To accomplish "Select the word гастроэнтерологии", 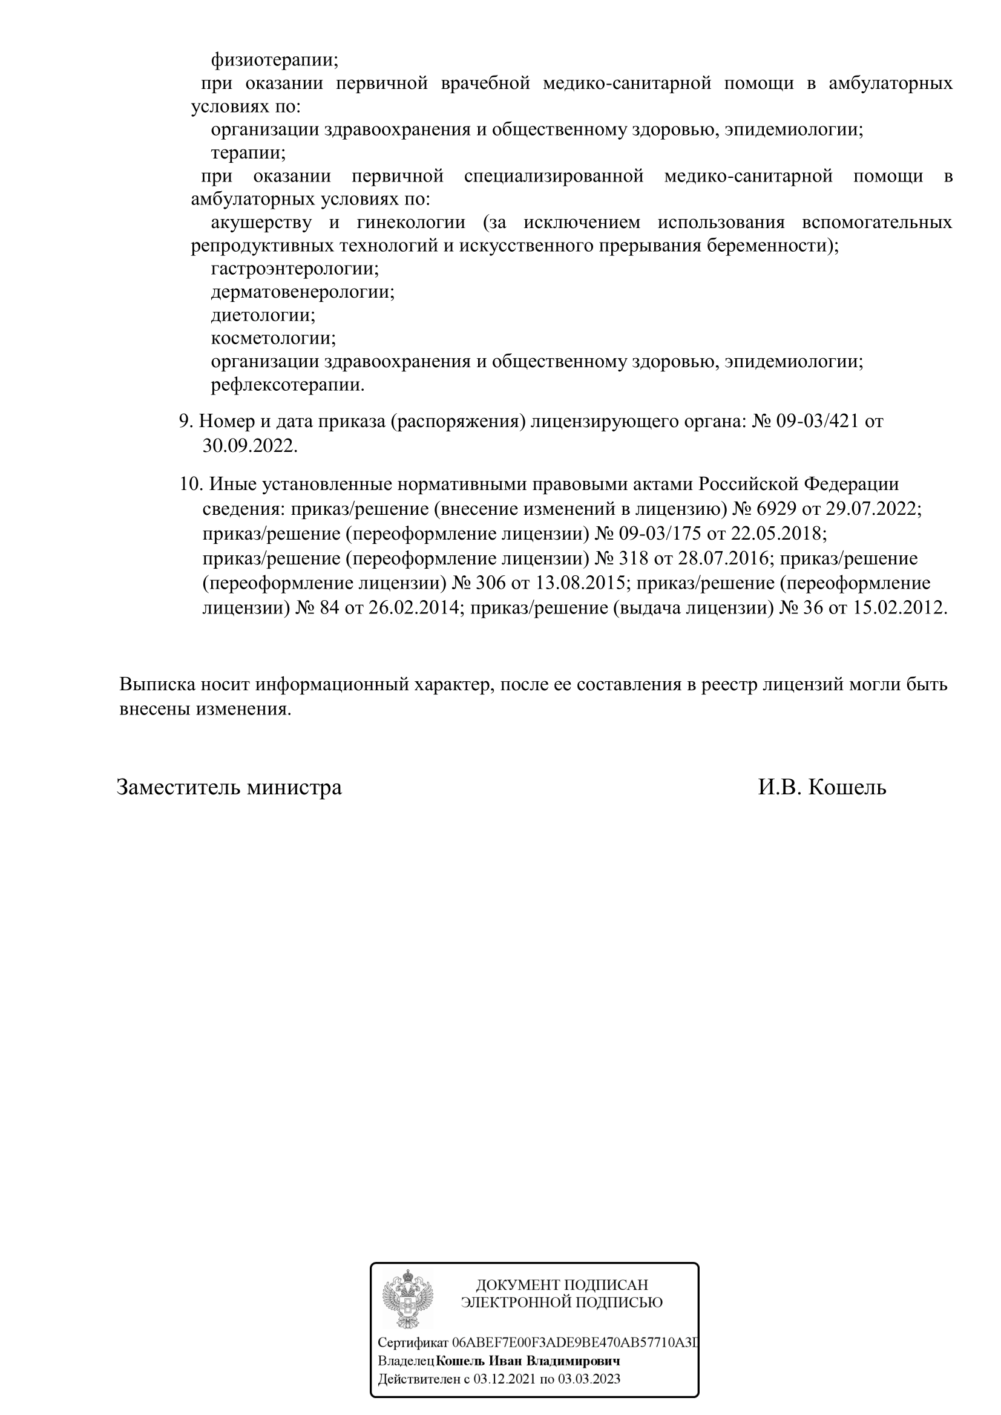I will tap(295, 269).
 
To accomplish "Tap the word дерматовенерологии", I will tap(302, 292).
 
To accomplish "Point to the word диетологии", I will tap(263, 315).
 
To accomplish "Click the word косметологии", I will tap(273, 338).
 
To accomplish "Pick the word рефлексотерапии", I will tap(287, 385).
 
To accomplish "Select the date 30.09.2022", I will tap(249, 446).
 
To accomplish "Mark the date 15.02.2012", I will tap(900, 607).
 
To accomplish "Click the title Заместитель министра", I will tap(229, 788).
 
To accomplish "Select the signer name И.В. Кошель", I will tap(822, 788).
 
